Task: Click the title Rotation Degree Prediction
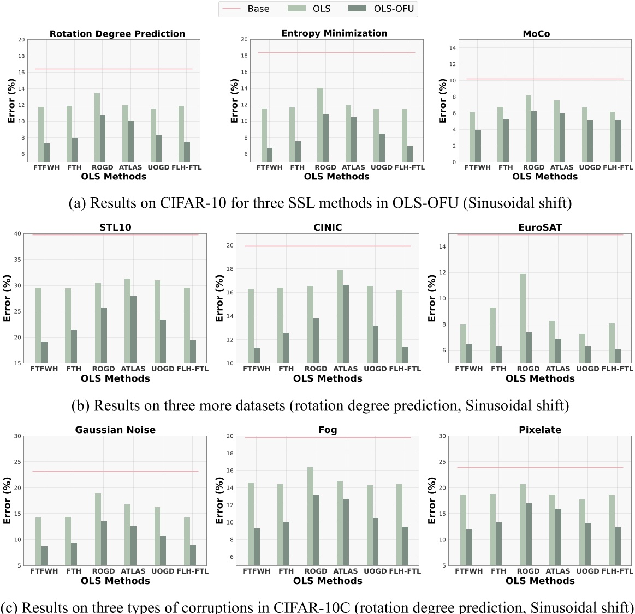coord(117,34)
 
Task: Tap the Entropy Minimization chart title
coord(334,34)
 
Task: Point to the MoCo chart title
coord(536,34)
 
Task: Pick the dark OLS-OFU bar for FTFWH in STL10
coord(44,352)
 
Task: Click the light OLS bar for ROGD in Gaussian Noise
coord(97,529)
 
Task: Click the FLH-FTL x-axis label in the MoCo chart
coord(618,167)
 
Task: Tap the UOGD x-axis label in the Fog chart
coord(375,571)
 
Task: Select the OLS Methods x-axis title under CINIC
coord(328,378)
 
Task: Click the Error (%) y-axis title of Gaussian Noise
coord(8,501)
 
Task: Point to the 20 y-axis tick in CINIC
coord(230,246)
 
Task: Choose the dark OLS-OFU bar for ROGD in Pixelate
coord(529,534)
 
